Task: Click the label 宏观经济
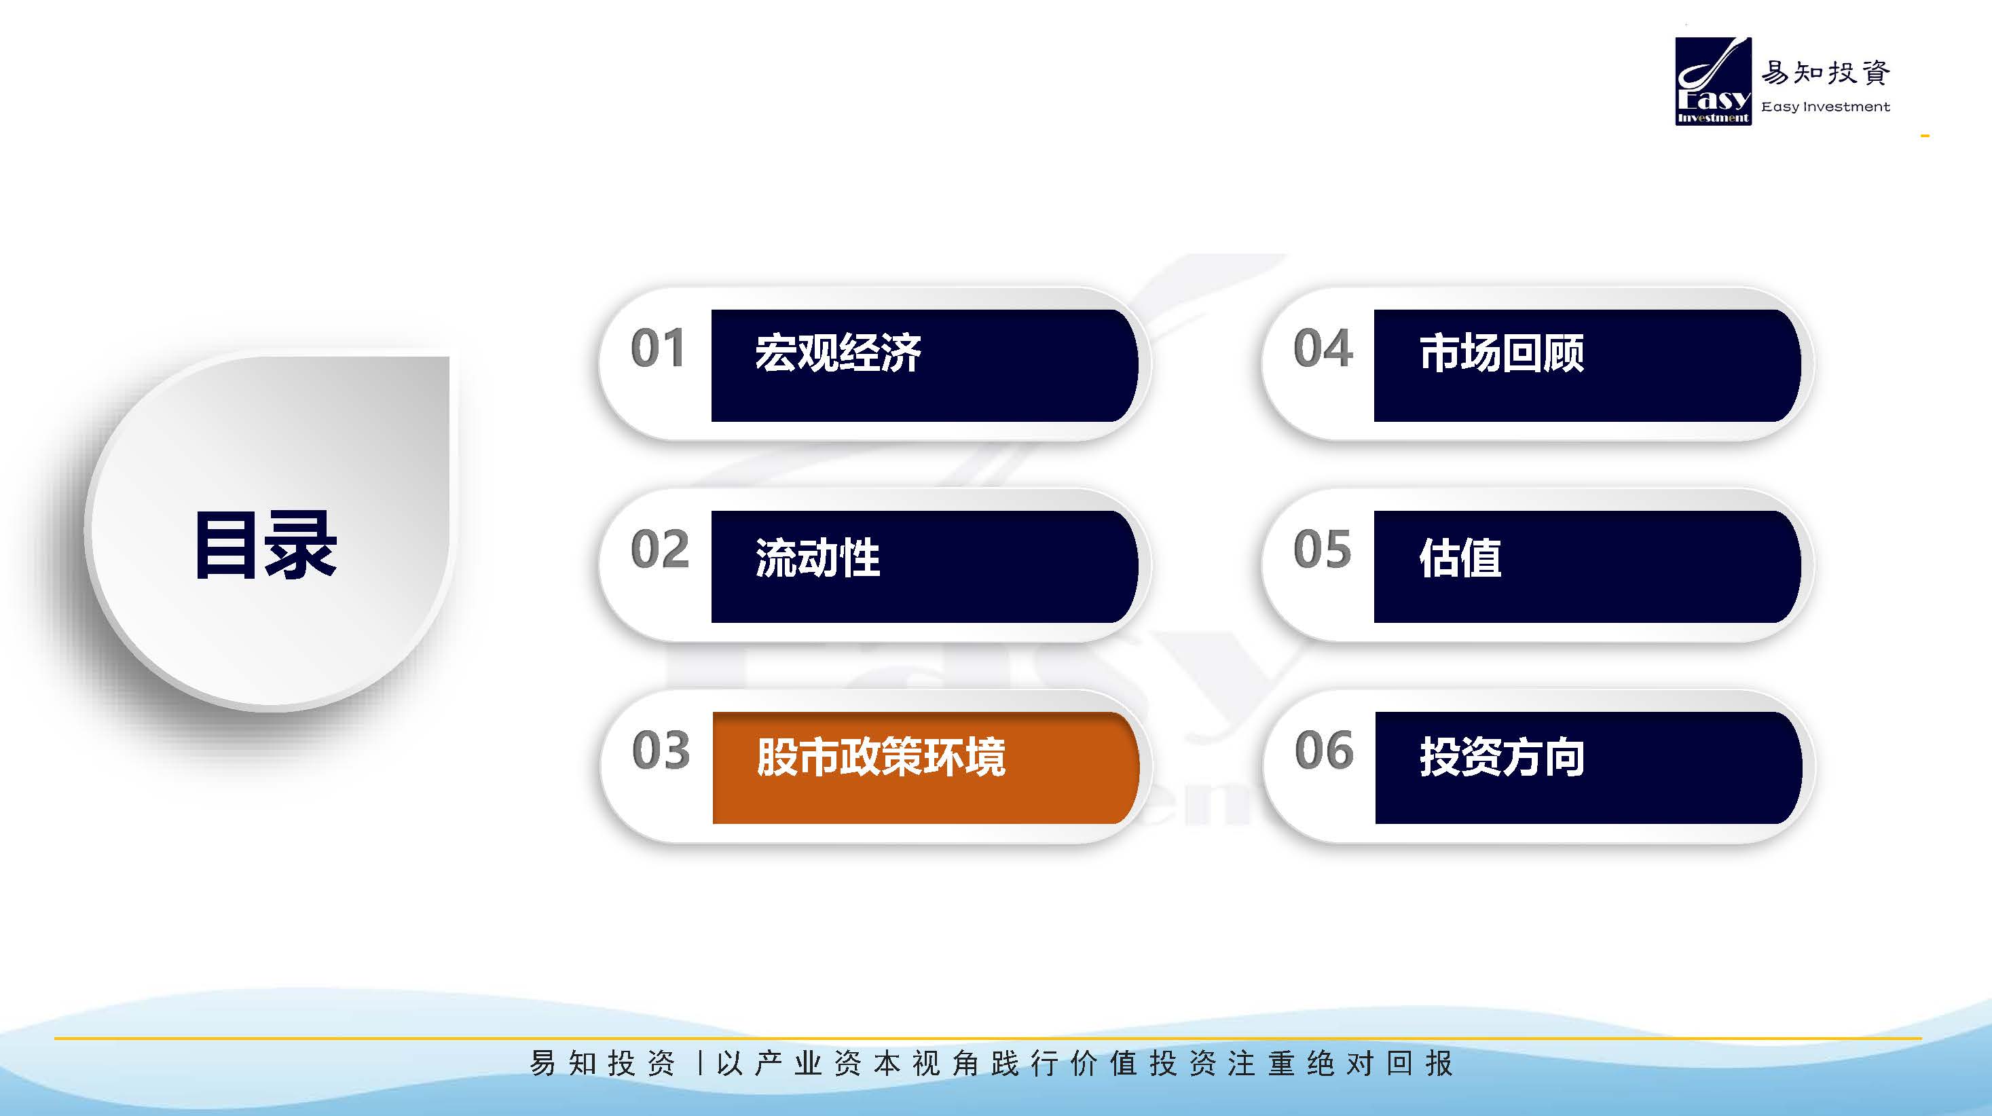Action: [x=838, y=353]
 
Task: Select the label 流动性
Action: [x=817, y=558]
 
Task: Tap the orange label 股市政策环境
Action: [x=881, y=757]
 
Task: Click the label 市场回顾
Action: [x=1502, y=353]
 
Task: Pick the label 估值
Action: [x=1460, y=558]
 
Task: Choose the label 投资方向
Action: [x=1502, y=757]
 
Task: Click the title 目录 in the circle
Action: [x=266, y=545]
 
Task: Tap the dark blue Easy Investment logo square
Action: [x=1713, y=82]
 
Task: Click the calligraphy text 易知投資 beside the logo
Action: [x=1826, y=73]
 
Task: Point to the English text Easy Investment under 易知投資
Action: [x=1825, y=107]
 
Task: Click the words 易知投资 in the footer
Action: [x=602, y=1064]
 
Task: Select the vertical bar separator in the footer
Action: [x=700, y=1064]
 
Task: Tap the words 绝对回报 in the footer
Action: [x=1380, y=1064]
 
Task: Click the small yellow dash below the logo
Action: [x=1925, y=136]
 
